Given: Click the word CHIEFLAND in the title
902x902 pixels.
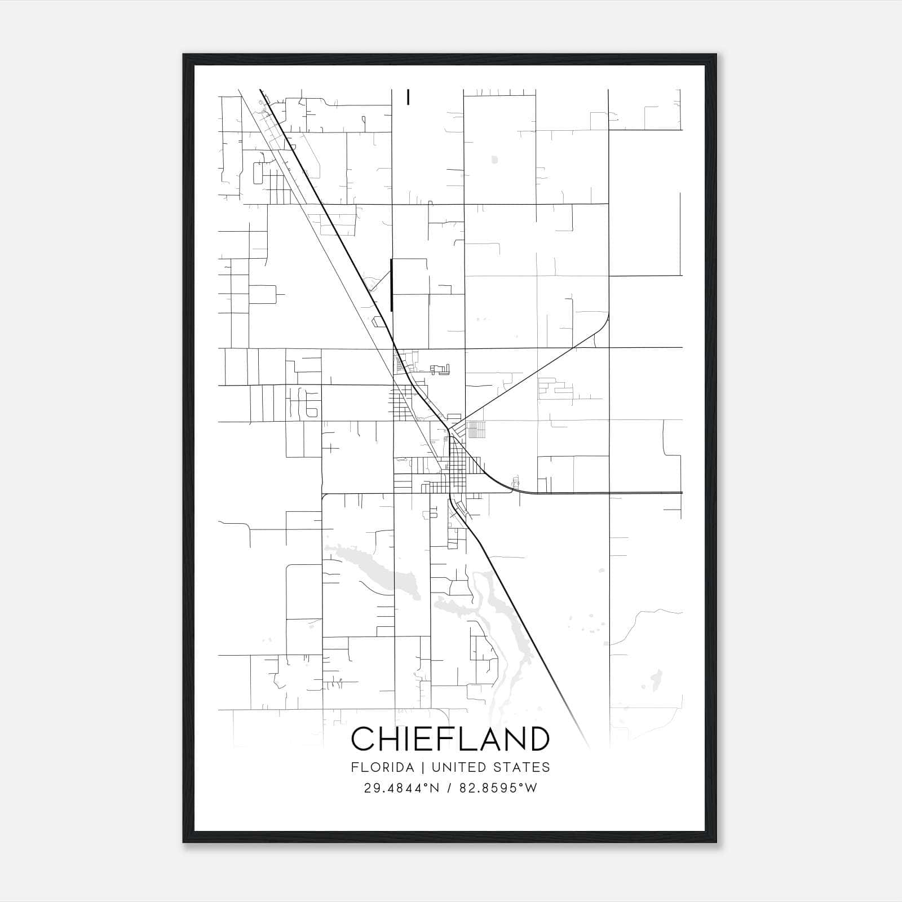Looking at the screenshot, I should pos(450,739).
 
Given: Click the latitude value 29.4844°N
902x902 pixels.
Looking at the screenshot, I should pos(400,788).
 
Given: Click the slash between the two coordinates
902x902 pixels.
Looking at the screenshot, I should pos(450,788).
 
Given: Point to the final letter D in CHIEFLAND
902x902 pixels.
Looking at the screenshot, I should pos(538,739).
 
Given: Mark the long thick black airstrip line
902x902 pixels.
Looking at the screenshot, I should pos(391,285).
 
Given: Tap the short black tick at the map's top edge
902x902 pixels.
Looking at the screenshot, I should pos(408,97).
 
